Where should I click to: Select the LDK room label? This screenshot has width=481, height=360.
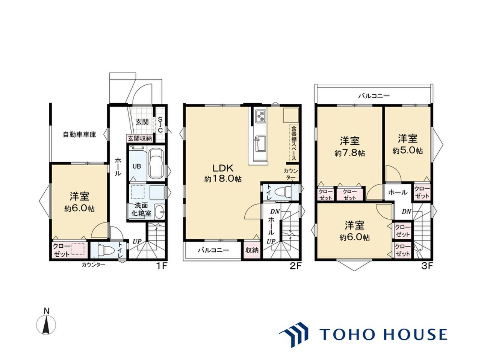pyautogui.click(x=223, y=168)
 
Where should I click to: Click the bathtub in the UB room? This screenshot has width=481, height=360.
pyautogui.click(x=156, y=163)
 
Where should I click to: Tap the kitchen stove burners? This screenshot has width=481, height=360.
pyautogui.click(x=260, y=115)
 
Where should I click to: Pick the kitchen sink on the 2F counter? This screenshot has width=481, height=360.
pyautogui.click(x=260, y=144)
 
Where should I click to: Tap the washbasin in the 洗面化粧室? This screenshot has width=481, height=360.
pyautogui.click(x=159, y=212)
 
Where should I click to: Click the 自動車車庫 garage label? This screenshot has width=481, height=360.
pyautogui.click(x=80, y=134)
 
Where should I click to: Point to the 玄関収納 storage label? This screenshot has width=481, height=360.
pyautogui.click(x=139, y=139)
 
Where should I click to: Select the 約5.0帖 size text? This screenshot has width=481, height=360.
pyautogui.click(x=407, y=151)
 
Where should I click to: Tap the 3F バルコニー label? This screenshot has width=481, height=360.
pyautogui.click(x=374, y=96)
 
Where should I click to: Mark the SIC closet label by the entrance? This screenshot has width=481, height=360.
pyautogui.click(x=160, y=125)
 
